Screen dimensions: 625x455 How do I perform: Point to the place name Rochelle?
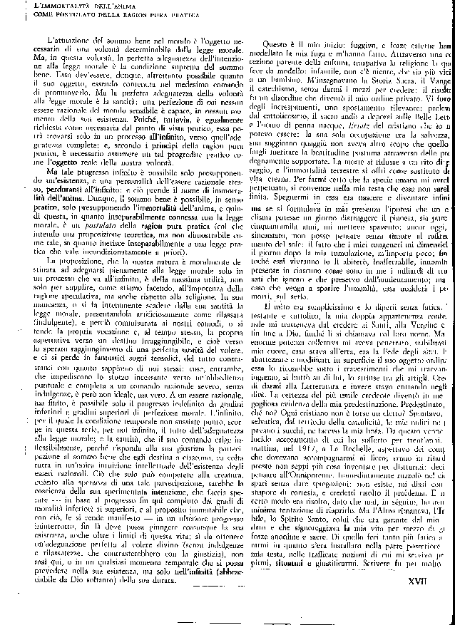346,475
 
